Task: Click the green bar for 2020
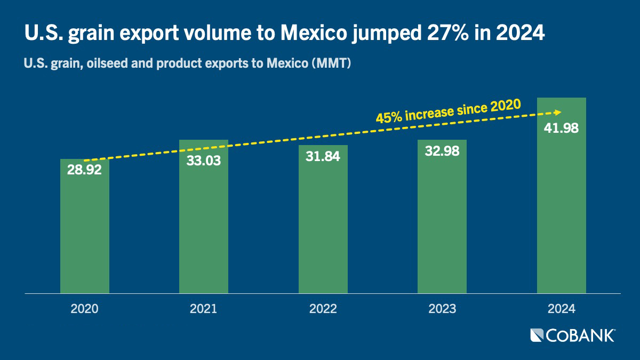point(85,226)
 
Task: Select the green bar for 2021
point(204,217)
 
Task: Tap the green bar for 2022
point(323,219)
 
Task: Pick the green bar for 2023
point(442,217)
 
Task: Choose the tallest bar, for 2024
point(562,195)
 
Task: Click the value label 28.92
point(84,170)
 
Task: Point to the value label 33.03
point(204,161)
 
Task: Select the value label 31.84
point(323,156)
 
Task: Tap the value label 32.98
point(442,151)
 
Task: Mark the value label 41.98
point(561,128)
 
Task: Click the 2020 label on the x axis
point(84,309)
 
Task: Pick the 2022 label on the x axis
point(323,309)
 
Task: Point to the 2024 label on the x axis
point(562,309)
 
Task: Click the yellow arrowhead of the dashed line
point(558,113)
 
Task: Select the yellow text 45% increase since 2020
point(449,111)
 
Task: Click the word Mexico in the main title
point(314,33)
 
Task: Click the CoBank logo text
point(581,335)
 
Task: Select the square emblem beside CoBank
point(537,335)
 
